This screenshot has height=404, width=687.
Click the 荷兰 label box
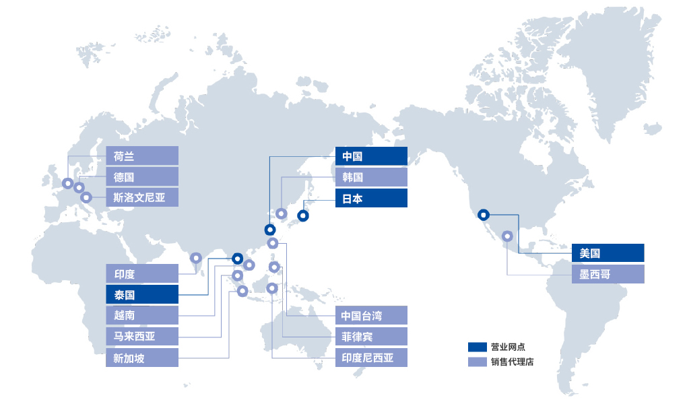click(x=142, y=156)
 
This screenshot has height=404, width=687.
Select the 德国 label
click(x=142, y=177)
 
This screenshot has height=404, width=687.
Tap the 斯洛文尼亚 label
click(x=142, y=198)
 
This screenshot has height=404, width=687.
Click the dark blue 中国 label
click(x=371, y=156)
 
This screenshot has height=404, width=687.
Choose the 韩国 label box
click(x=371, y=177)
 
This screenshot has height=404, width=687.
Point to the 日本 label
click(x=371, y=198)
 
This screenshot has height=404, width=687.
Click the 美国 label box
click(x=608, y=253)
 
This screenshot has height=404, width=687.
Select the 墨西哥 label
click(x=608, y=274)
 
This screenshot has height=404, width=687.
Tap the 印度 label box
click(x=142, y=273)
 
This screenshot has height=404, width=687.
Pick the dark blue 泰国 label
click(x=142, y=294)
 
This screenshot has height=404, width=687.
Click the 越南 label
click(x=142, y=315)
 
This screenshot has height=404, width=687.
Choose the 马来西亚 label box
click(x=142, y=336)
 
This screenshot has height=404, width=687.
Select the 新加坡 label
click(x=142, y=358)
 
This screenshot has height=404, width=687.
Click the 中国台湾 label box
click(x=371, y=315)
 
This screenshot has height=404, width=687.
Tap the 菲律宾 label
click(x=371, y=336)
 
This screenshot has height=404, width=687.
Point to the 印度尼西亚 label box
click(x=371, y=358)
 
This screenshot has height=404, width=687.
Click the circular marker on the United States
click(x=483, y=215)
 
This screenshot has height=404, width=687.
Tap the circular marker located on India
click(x=196, y=258)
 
